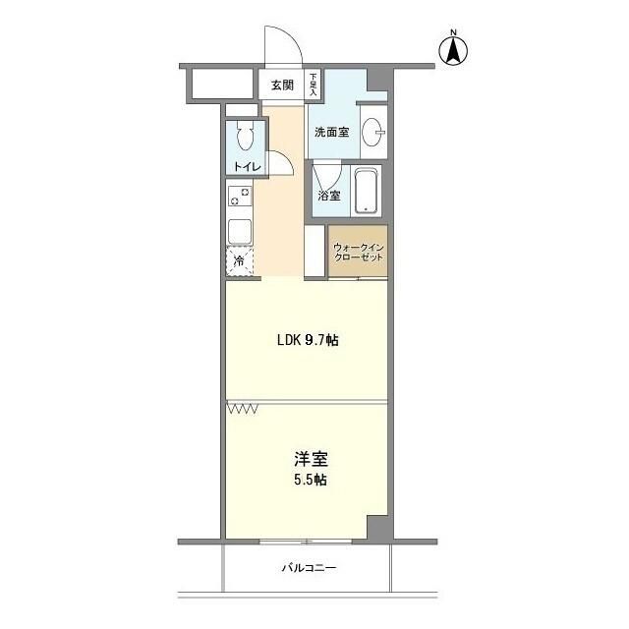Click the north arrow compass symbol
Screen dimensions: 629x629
point(455,48)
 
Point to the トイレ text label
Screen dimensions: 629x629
point(247,166)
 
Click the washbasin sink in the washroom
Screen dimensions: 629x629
point(373,131)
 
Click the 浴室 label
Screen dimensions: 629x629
point(329,196)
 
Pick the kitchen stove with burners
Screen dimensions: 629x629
point(240,196)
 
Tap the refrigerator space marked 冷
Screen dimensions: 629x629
point(240,262)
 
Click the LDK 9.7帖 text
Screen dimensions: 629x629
point(307,341)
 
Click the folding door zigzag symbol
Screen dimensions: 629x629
point(242,407)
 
